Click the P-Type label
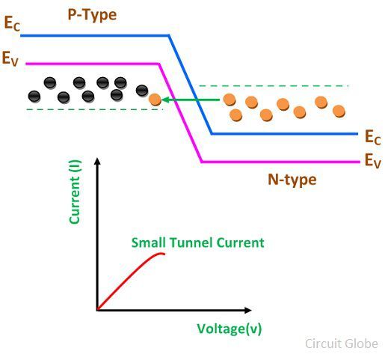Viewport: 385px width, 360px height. tap(92, 15)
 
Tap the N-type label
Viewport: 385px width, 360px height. tap(292, 180)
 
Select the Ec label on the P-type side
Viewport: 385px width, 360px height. tap(12, 23)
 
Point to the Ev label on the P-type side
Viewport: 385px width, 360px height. tap(10, 58)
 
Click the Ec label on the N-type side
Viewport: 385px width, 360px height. tap(373, 137)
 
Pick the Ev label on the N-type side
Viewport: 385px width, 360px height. tap(373, 161)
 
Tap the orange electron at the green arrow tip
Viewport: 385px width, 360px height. tap(155, 100)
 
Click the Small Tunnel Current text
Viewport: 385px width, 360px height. tap(197, 242)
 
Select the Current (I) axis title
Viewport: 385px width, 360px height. tap(75, 192)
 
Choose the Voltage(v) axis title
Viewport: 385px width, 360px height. tap(230, 329)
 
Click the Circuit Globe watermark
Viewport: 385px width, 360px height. tap(342, 344)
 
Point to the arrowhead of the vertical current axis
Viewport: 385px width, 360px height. tap(98, 161)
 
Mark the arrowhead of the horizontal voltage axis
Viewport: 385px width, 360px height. tap(247, 311)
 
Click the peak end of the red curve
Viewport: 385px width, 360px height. tap(164, 254)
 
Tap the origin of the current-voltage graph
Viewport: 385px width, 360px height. tap(97, 311)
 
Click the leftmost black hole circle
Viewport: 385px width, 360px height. tap(34, 97)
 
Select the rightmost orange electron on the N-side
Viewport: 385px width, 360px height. tap(339, 112)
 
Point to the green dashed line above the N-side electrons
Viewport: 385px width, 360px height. tap(274, 86)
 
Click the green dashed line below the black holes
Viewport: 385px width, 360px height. tap(95, 109)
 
